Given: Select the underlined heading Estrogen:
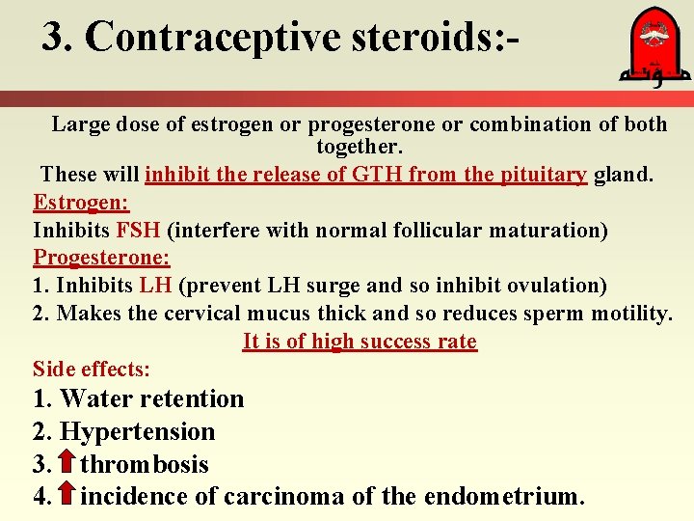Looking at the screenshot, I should click(81, 203).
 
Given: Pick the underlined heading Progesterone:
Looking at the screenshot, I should click(101, 258).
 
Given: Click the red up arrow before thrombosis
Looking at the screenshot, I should click(67, 463).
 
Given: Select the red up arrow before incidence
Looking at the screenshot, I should click(67, 496).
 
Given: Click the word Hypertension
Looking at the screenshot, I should click(137, 431).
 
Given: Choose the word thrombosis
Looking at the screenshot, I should click(145, 464).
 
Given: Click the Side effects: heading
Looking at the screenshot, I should click(92, 369).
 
